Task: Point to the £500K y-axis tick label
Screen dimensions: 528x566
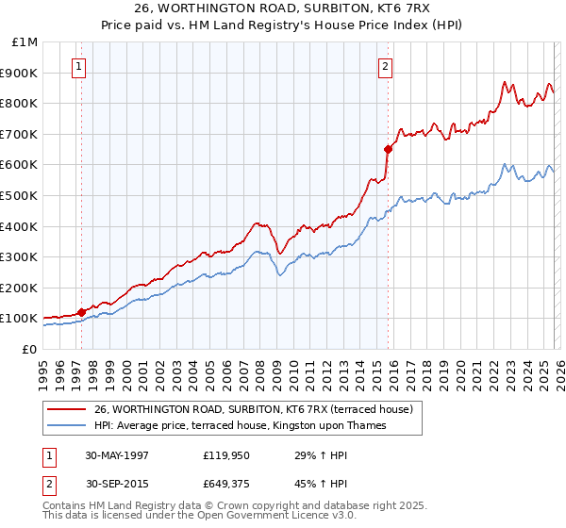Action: point(21,195)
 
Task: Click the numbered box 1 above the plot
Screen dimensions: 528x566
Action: point(78,67)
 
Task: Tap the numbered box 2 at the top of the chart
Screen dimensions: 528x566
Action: point(386,67)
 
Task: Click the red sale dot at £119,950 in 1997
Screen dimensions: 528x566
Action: point(82,312)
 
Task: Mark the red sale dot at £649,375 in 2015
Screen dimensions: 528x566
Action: point(388,149)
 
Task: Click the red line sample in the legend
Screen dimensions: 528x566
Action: point(67,409)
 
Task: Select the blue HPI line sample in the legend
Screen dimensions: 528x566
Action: point(67,425)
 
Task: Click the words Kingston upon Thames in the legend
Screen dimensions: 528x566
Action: point(346,425)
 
